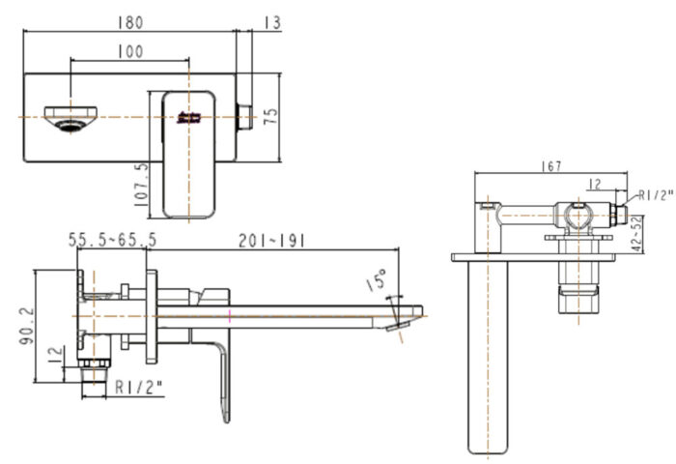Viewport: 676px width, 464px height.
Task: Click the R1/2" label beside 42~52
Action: (x=655, y=195)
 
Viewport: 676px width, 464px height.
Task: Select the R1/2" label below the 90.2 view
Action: (x=138, y=389)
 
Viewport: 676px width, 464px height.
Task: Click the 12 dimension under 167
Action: (x=595, y=184)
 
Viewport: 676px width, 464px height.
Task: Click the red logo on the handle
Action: (x=187, y=118)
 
